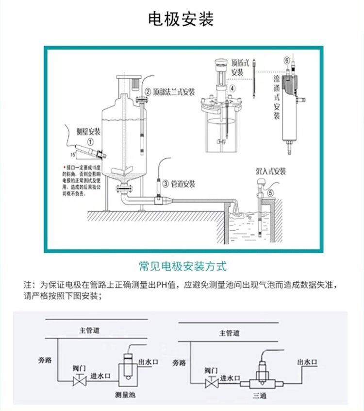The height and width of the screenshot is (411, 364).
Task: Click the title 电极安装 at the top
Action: (181, 19)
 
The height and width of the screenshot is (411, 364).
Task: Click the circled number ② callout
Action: (147, 91)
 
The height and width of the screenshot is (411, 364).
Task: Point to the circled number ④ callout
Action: (232, 88)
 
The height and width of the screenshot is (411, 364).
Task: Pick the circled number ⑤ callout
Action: (271, 192)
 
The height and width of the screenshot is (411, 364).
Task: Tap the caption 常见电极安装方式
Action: (182, 267)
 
